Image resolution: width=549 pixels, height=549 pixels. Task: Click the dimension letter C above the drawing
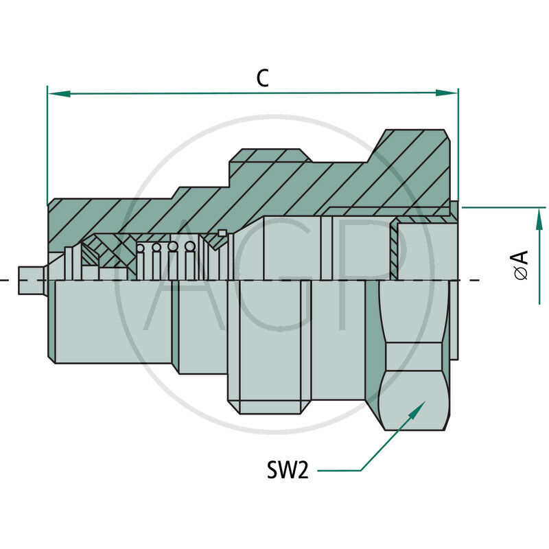[262, 78]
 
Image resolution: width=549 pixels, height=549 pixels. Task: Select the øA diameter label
[522, 265]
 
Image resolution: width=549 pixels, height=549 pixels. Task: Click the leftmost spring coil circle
[142, 248]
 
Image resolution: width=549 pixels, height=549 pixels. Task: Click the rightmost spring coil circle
[190, 246]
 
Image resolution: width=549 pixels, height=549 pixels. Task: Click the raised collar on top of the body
[268, 157]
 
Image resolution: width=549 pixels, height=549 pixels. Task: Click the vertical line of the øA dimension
[540, 261]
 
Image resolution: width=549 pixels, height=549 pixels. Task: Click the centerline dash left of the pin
[5, 280]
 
